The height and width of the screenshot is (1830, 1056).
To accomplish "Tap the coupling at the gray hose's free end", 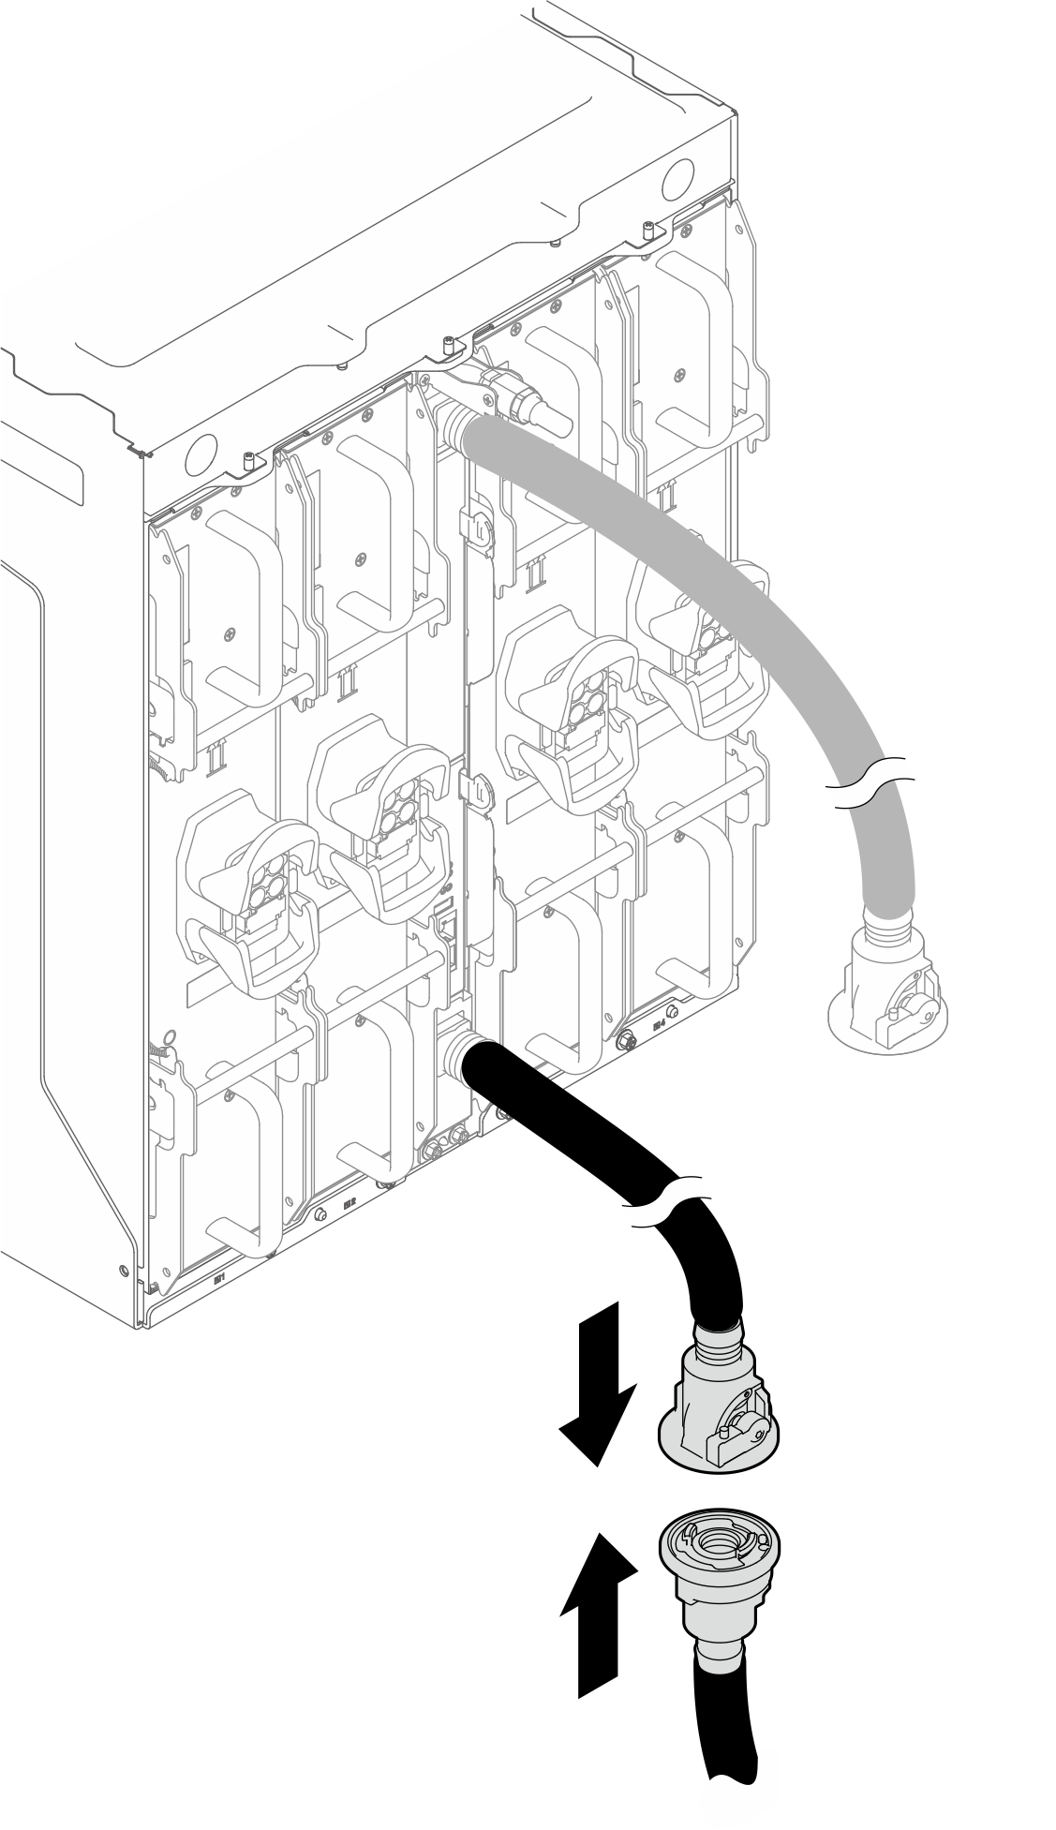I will point(885,998).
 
